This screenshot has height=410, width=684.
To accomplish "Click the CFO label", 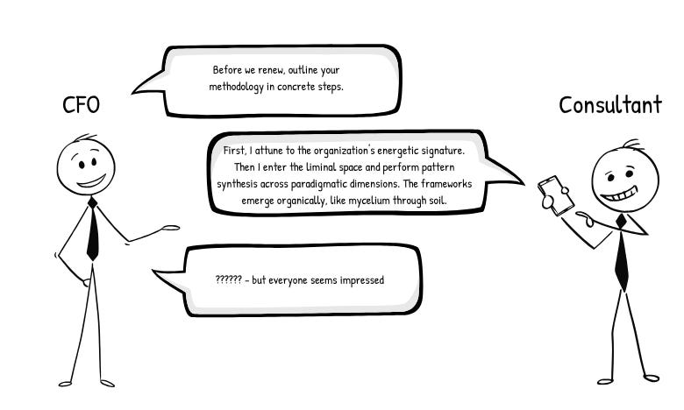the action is [81, 105].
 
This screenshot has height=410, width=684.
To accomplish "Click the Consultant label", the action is [610, 105].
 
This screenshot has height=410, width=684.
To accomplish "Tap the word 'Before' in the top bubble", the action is [228, 69].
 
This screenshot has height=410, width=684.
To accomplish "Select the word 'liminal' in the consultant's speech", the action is [351, 167].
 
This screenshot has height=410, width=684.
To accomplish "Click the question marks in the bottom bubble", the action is [228, 280].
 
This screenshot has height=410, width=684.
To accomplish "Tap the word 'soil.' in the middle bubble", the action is [438, 201].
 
